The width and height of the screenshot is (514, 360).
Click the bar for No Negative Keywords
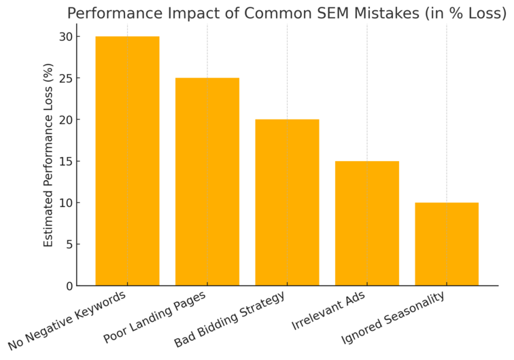[x=127, y=161]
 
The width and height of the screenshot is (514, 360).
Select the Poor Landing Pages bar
[x=207, y=181]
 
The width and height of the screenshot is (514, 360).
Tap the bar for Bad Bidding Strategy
[x=287, y=202]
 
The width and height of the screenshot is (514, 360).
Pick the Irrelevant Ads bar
[x=367, y=223]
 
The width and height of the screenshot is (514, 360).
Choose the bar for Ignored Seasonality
[x=447, y=244]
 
